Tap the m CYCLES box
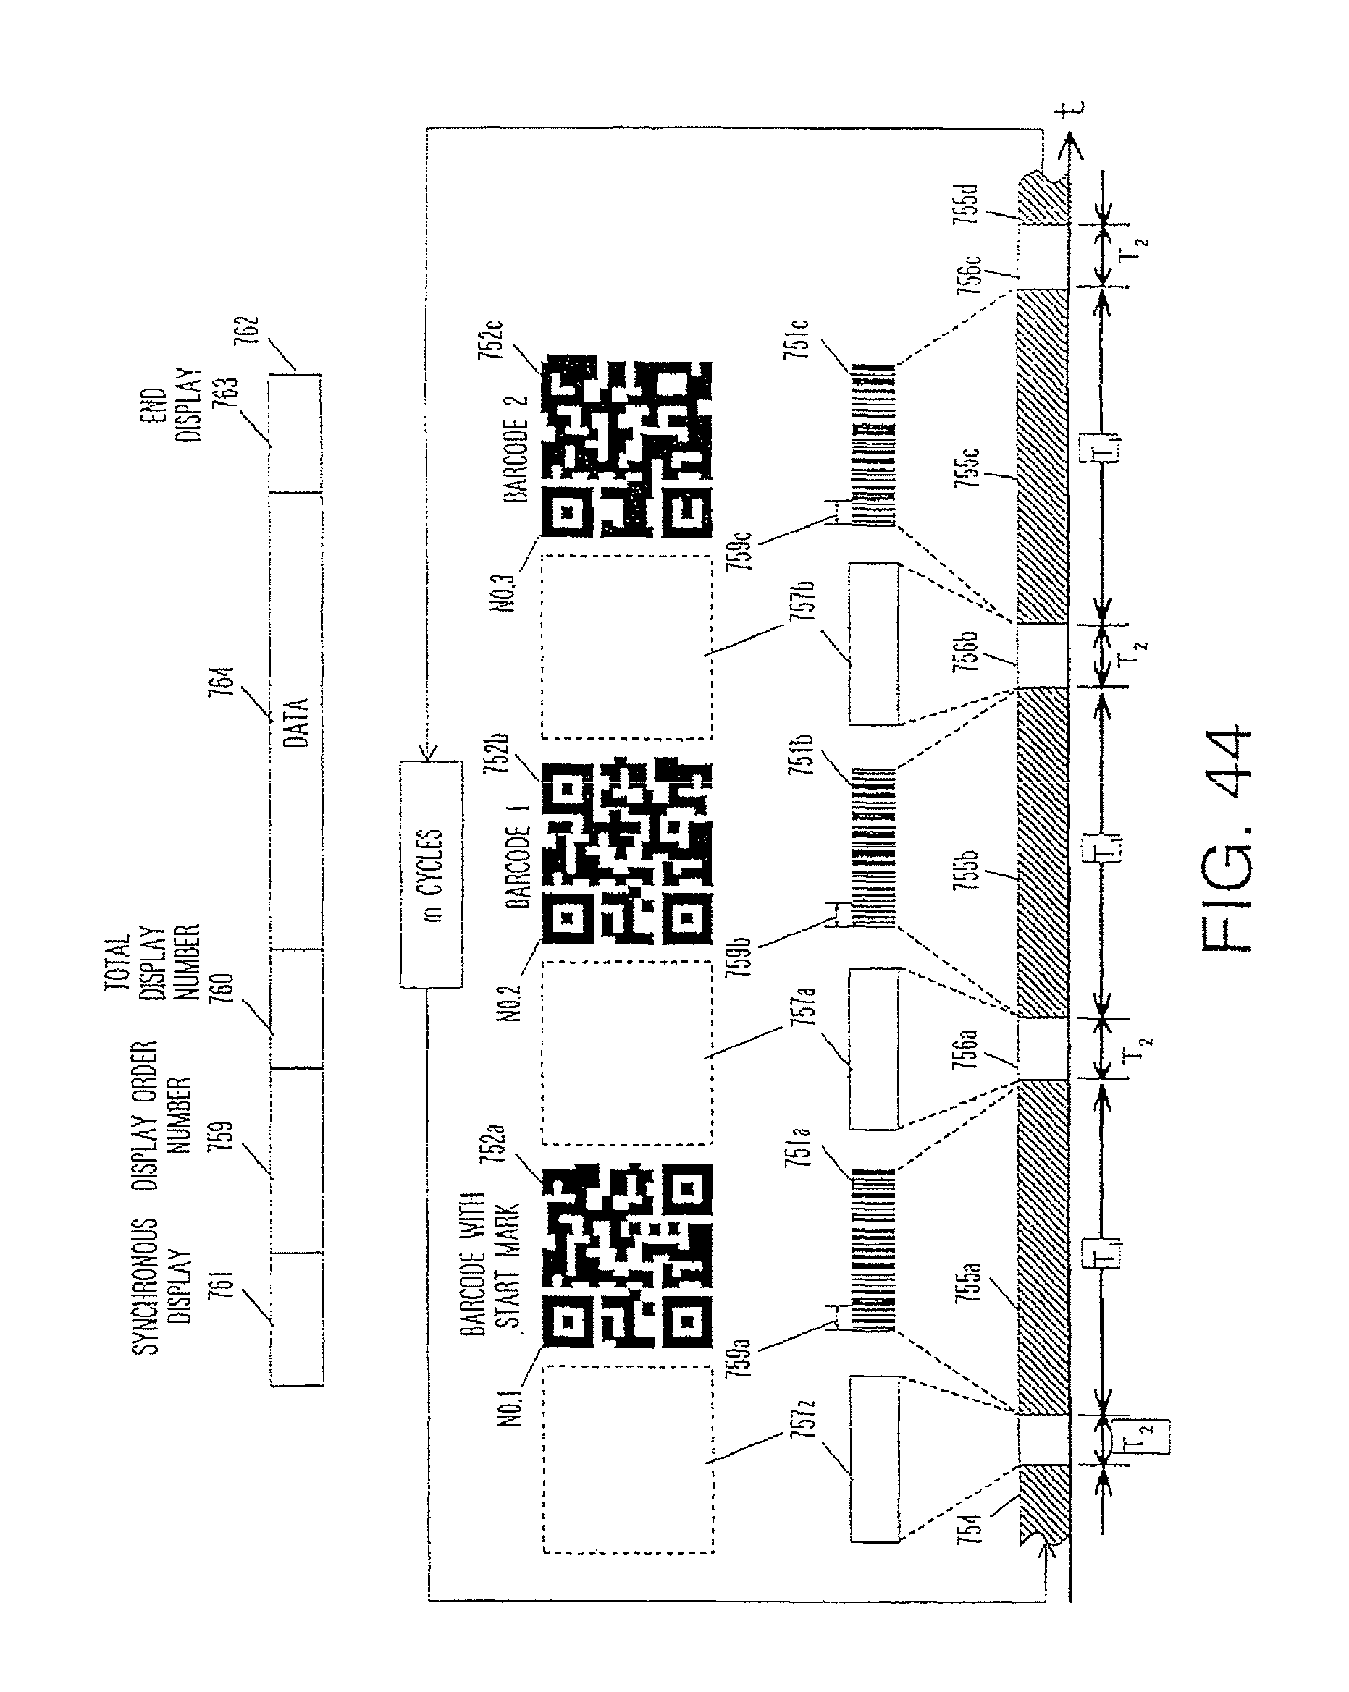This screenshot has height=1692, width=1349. [x=430, y=874]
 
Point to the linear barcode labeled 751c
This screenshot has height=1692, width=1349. [x=873, y=445]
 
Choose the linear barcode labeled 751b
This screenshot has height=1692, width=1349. [x=873, y=847]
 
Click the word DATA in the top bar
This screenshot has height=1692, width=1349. [x=296, y=722]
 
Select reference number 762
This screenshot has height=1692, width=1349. [x=245, y=334]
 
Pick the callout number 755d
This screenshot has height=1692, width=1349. [x=967, y=203]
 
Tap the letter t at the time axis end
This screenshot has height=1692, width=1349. [x=1069, y=110]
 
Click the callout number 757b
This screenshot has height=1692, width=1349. [x=802, y=608]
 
